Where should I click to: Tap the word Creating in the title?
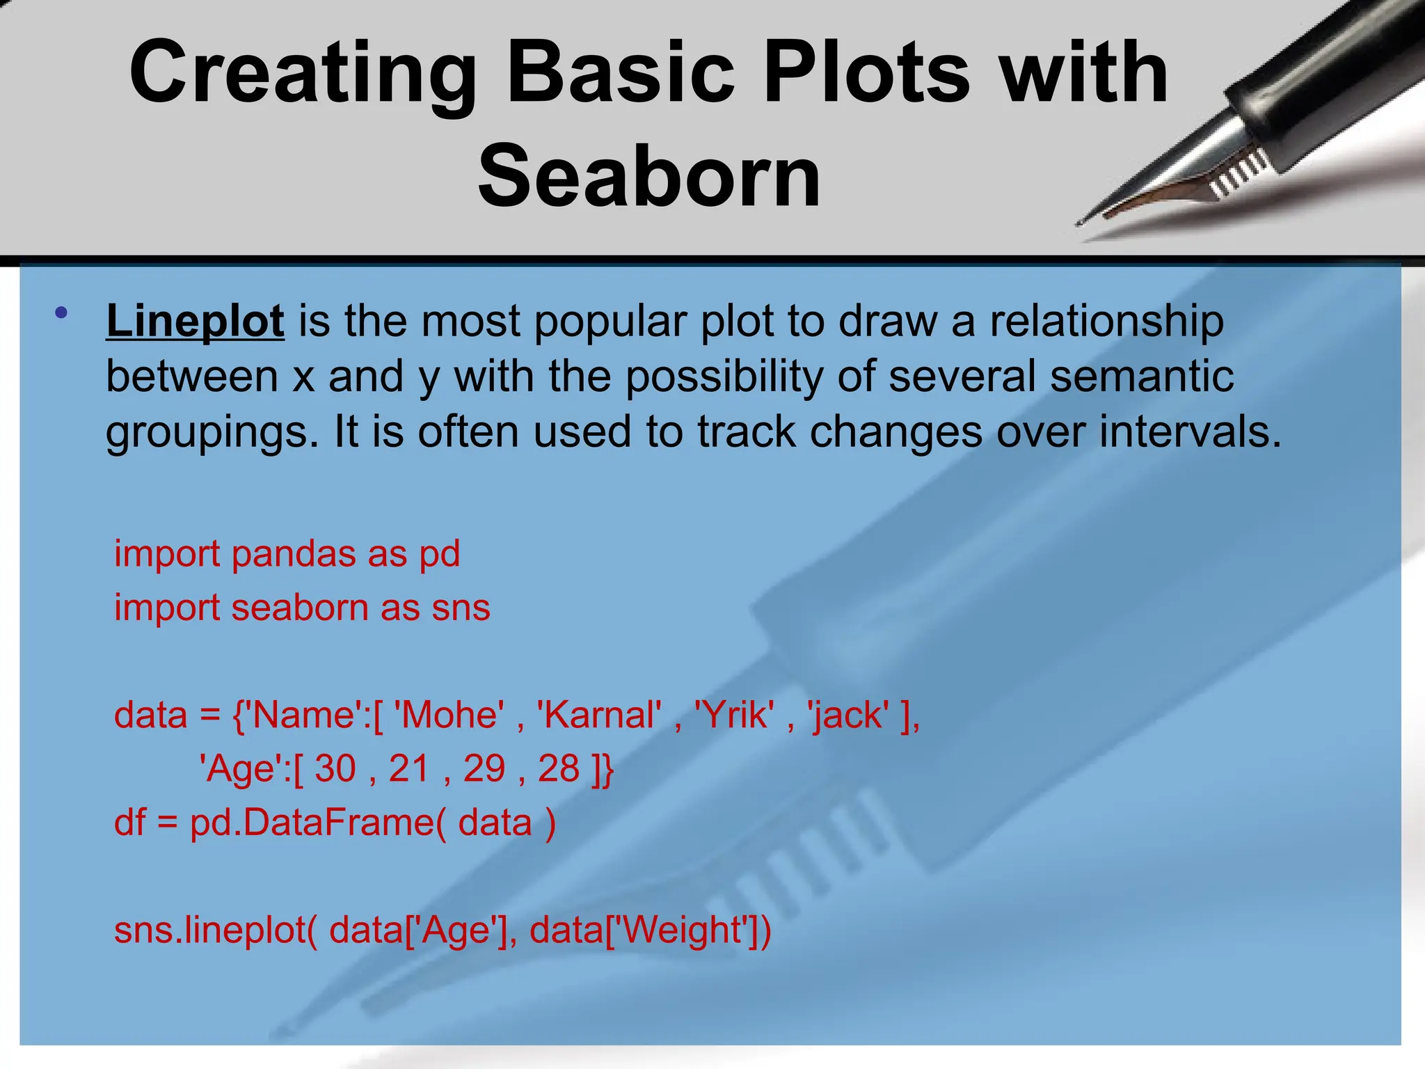coord(303,72)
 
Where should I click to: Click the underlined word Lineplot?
coord(195,321)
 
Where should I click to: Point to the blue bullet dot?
coord(62,312)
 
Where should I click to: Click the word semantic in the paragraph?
coord(1141,377)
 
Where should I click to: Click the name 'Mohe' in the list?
coord(449,715)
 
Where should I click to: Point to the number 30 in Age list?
coord(335,769)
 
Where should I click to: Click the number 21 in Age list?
coord(409,769)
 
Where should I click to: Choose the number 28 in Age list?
coord(558,769)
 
